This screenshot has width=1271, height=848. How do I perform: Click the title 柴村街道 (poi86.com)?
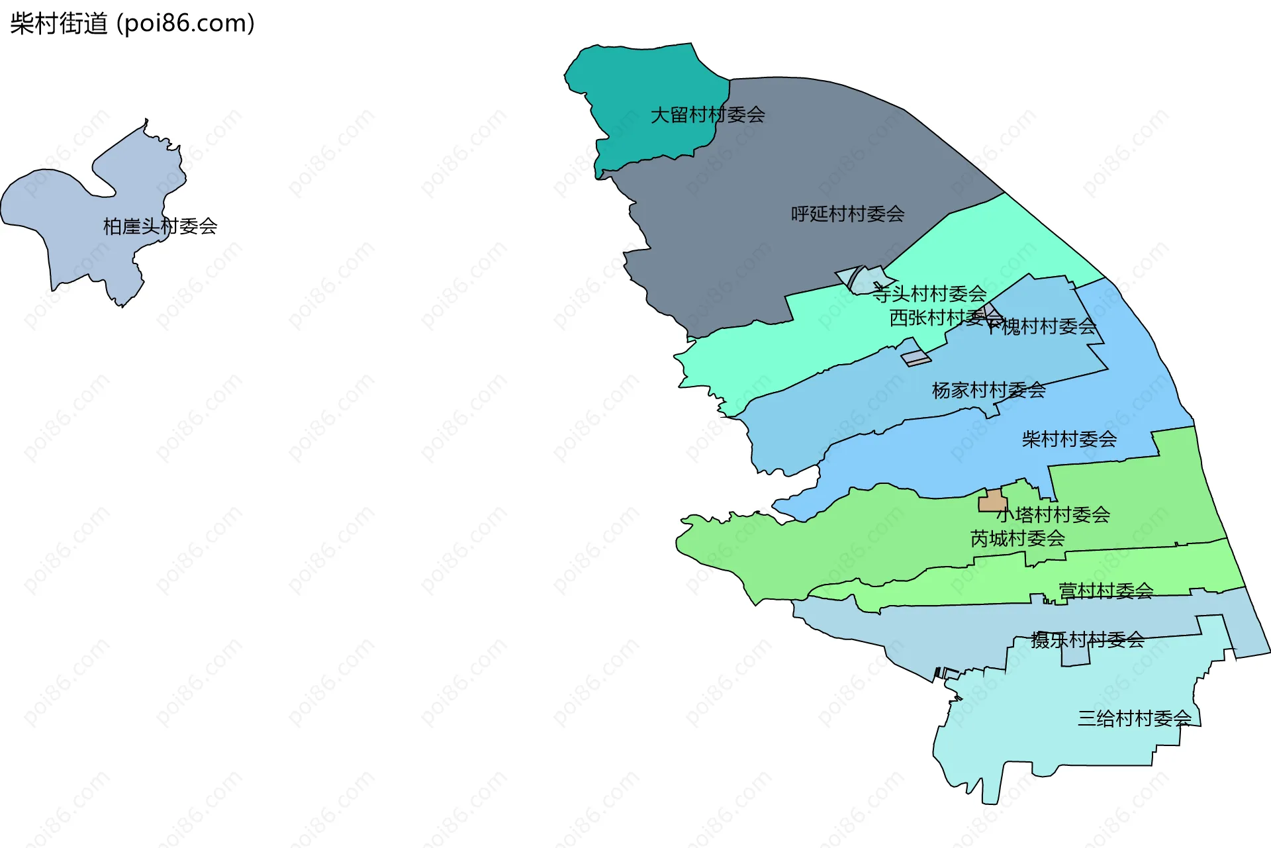pyautogui.click(x=132, y=24)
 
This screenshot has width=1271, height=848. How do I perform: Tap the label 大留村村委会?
pyautogui.click(x=708, y=115)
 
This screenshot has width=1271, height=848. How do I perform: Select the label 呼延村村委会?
pyautogui.click(x=847, y=214)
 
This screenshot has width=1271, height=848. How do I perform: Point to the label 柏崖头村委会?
pyautogui.click(x=160, y=226)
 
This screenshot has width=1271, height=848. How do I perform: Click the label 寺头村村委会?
pyautogui.click(x=929, y=293)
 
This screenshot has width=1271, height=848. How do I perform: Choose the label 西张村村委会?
pyautogui.click(x=940, y=318)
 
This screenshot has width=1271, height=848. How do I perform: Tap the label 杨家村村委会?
pyautogui.click(x=988, y=390)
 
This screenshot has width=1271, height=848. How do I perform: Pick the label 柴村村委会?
pyautogui.click(x=1068, y=439)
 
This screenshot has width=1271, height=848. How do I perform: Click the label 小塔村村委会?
pyautogui.click(x=1054, y=514)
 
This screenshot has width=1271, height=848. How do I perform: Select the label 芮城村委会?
pyautogui.click(x=1017, y=538)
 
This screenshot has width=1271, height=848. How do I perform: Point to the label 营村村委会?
pyautogui.click(x=1106, y=590)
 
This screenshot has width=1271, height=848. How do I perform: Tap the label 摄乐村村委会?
pyautogui.click(x=1088, y=639)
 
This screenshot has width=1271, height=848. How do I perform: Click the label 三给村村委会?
pyautogui.click(x=1135, y=718)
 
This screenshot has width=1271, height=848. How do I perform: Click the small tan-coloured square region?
pyautogui.click(x=992, y=501)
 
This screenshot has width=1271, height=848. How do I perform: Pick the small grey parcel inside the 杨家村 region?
pyautogui.click(x=916, y=358)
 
